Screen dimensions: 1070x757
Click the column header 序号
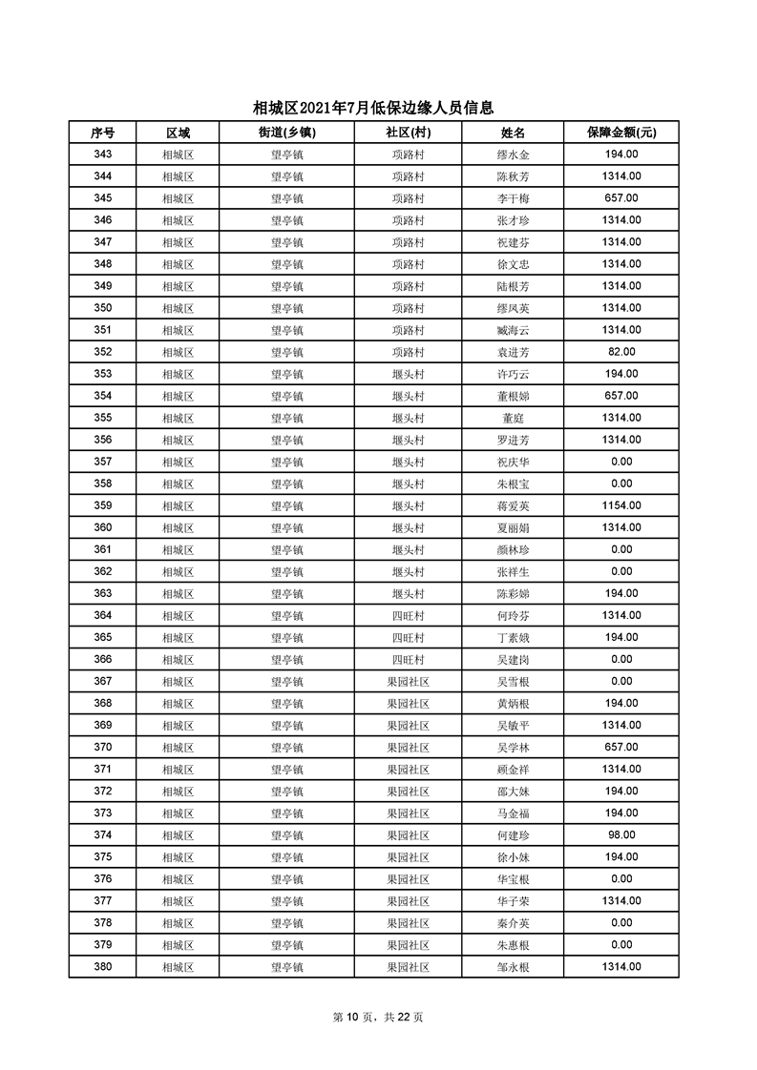tap(102, 133)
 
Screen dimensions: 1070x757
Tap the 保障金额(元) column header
tap(620, 133)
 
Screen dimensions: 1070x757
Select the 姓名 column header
tap(513, 133)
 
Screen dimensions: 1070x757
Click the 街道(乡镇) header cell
tap(286, 133)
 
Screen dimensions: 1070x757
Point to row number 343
tap(102, 154)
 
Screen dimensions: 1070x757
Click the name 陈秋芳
tap(513, 176)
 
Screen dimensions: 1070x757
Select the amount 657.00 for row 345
tap(620, 198)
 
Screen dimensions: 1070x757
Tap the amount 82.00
tap(620, 352)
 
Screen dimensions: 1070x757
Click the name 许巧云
tap(513, 374)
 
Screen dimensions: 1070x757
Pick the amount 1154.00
tap(620, 505)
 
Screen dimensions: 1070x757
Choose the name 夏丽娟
tap(513, 527)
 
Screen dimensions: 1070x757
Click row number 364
tap(102, 615)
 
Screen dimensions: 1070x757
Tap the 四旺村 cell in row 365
tap(408, 637)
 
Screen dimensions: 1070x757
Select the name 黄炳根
tap(513, 703)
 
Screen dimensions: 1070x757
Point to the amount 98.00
tap(620, 834)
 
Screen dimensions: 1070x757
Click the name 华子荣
tap(513, 900)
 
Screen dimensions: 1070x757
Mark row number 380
tap(102, 966)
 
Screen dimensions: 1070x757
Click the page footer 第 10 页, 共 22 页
tap(378, 1018)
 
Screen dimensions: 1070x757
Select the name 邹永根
tap(513, 966)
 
